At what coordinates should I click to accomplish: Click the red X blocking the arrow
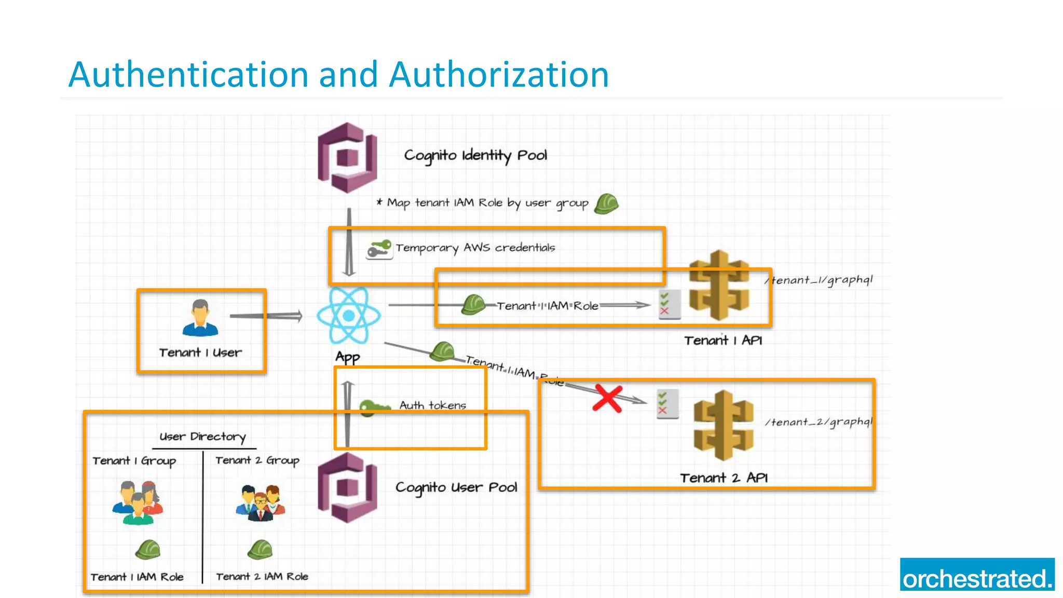coord(607,399)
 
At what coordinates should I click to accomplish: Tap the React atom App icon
coord(349,315)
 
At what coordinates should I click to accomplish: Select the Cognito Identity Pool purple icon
coord(347,157)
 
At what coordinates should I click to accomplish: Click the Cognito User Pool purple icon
coord(347,487)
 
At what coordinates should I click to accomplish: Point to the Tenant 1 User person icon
coord(200,318)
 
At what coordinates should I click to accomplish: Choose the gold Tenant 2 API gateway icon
coord(723,425)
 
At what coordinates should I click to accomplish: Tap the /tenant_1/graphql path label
coord(819,280)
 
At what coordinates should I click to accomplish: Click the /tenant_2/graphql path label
coord(819,422)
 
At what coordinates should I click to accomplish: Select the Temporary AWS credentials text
coord(475,248)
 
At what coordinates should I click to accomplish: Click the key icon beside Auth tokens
coord(374,407)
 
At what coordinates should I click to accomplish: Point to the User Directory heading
coord(202,437)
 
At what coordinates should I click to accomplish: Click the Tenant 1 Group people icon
coord(138,502)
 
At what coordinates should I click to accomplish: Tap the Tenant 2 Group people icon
coord(261,502)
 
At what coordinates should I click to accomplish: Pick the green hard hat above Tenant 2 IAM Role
coord(260,549)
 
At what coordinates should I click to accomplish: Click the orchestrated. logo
coord(977,575)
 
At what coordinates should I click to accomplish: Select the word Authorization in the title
coord(499,74)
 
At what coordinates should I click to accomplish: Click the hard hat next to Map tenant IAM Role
coord(606,204)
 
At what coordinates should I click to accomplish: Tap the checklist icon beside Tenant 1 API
coord(669,304)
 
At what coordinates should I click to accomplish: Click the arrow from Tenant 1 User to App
coord(266,316)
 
